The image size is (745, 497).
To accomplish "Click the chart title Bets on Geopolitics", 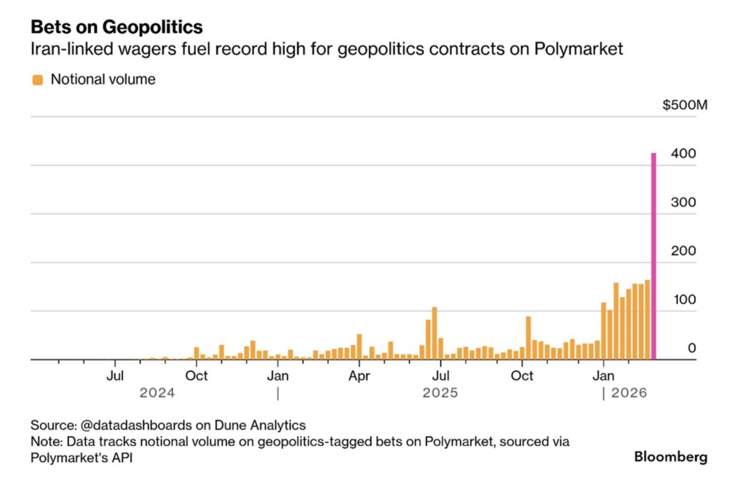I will (x=116, y=27).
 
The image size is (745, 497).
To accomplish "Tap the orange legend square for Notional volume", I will (x=37, y=79).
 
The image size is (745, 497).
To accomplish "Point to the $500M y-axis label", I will (x=685, y=106).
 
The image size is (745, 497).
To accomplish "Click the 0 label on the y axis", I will (x=692, y=348).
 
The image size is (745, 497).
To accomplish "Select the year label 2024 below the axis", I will (x=157, y=393).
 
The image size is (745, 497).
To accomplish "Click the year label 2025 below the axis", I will (x=440, y=393).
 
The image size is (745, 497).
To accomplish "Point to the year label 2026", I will (x=629, y=393).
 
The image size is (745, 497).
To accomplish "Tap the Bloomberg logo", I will (x=670, y=457).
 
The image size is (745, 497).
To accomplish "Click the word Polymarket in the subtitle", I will (x=586, y=50).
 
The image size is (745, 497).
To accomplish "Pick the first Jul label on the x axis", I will (x=115, y=375).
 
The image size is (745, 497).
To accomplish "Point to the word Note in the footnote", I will (x=44, y=442).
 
